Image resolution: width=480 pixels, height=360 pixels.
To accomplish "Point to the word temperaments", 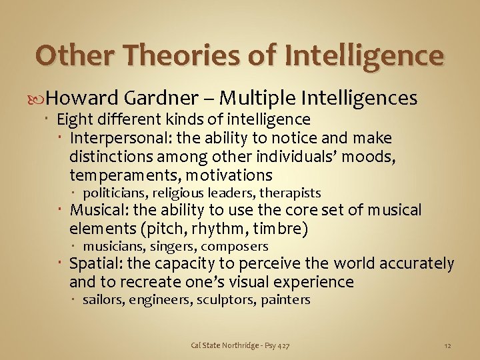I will (125, 175).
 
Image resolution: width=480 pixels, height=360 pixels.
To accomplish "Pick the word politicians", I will (115, 193).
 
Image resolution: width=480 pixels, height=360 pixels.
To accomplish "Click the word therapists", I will (290, 193).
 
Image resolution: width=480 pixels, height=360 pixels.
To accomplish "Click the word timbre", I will (283, 229).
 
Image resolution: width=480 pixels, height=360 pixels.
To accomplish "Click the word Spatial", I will (94, 264).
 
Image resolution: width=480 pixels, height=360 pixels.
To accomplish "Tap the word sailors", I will (103, 300).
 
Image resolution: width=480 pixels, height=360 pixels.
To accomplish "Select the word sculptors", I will (225, 300).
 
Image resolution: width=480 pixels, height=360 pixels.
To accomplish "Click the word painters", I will (285, 300).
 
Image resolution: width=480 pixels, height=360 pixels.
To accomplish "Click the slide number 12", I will (447, 345).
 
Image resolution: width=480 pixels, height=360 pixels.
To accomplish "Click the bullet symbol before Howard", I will (41, 99).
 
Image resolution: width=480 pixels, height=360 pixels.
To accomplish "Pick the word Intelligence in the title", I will (363, 55).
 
